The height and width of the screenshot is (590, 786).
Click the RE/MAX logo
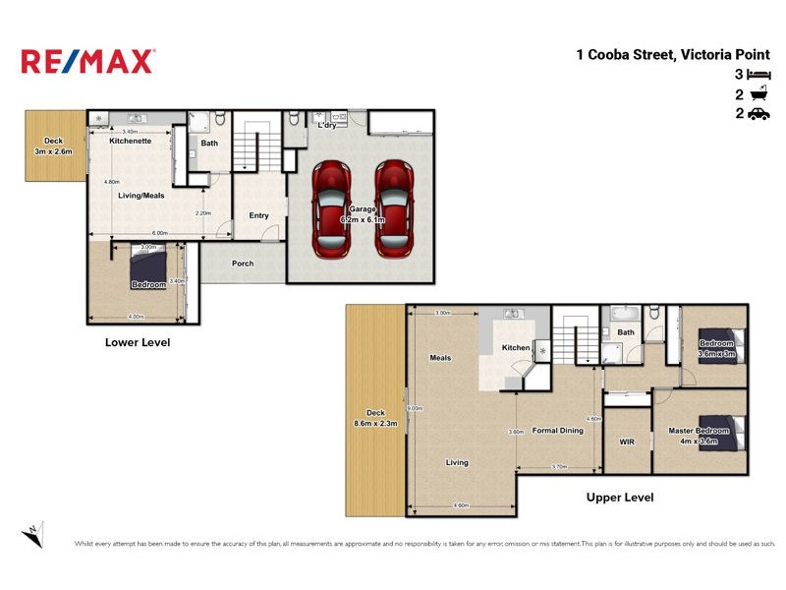87,61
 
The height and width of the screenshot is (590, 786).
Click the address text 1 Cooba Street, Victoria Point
672,55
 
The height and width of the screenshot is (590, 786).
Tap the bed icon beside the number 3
757,75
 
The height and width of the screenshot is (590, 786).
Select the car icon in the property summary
757,114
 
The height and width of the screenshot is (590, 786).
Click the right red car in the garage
393,208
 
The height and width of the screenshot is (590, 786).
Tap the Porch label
243,264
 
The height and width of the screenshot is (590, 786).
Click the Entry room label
258,215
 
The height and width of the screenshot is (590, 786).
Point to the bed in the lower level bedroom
149,265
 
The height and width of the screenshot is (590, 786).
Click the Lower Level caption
138,343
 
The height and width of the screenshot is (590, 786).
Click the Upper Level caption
619,498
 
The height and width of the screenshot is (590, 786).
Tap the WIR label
627,442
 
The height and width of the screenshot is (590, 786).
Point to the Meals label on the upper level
440,358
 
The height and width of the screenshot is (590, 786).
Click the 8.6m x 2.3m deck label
374,418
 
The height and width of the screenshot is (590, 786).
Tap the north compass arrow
32,534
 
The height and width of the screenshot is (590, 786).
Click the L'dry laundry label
326,126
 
